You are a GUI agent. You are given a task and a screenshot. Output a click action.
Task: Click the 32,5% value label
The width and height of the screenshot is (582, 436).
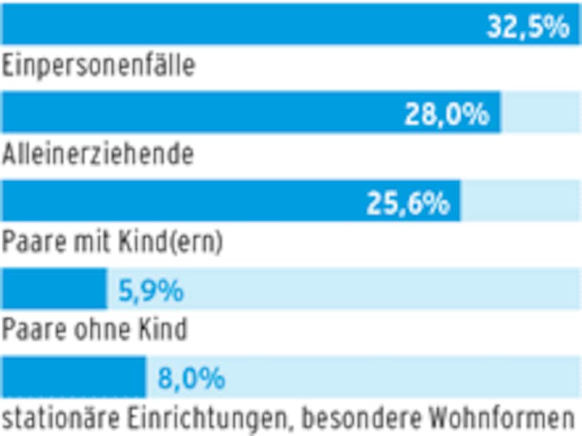pos(528,28)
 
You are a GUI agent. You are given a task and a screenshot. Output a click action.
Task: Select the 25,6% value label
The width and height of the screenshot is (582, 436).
pos(407,204)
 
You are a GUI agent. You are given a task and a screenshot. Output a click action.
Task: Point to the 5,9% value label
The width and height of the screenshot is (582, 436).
pos(151,291)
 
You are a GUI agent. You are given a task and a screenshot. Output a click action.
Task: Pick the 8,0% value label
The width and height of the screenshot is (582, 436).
pos(191,379)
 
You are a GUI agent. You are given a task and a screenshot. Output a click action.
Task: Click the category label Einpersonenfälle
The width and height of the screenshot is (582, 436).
pos(99,66)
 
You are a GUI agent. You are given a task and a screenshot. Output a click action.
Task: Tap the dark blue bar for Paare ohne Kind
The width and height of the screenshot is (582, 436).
pos(54,289)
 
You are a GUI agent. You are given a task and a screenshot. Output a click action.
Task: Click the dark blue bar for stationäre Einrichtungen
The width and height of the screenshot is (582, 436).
pos(74,377)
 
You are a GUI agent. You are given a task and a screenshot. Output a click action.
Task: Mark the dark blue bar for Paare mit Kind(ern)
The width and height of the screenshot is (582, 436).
pos(181,201)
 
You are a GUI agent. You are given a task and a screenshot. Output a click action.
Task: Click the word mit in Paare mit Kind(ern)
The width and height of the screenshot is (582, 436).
pos(91,242)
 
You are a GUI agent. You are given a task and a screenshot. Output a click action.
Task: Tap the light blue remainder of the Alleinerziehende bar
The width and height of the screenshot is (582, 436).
pos(541,112)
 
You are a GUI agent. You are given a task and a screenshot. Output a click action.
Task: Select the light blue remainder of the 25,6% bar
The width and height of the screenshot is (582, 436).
pos(521,201)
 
